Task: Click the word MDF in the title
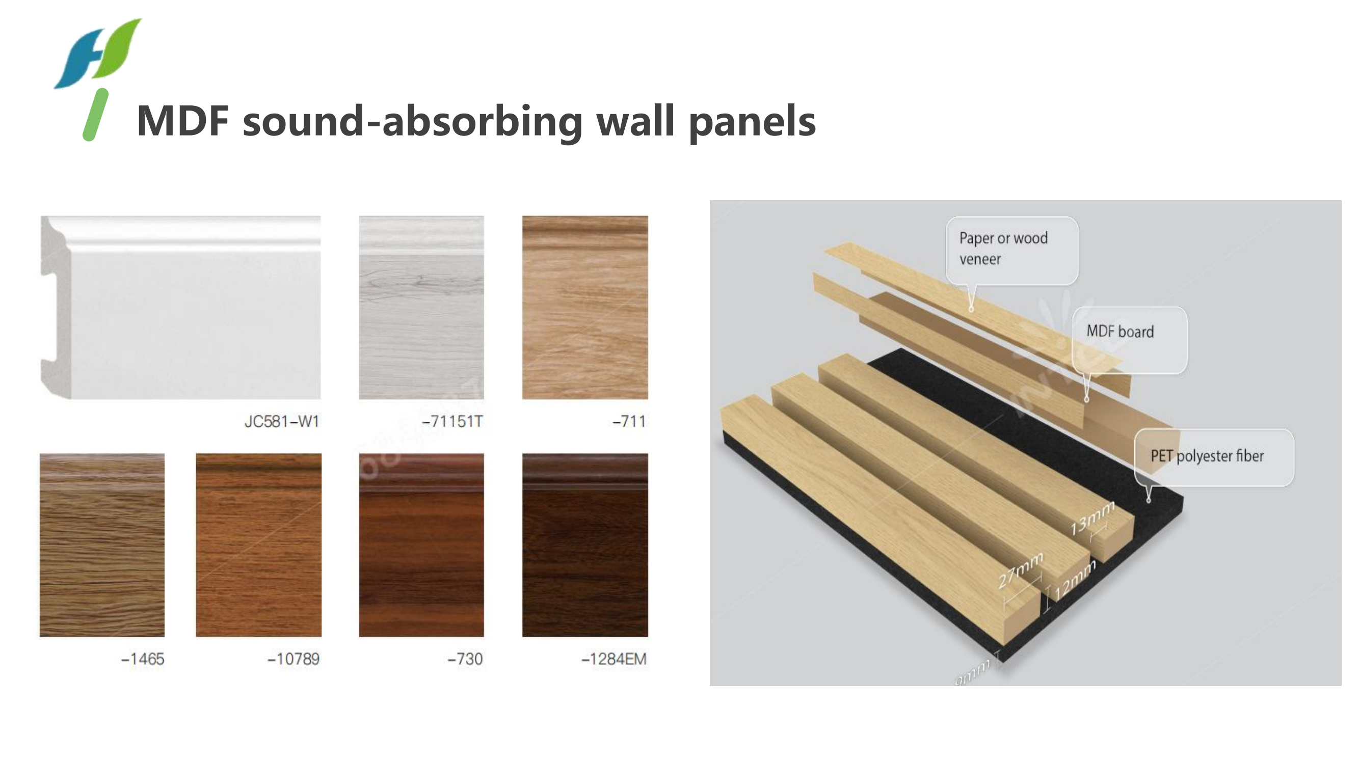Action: click(182, 121)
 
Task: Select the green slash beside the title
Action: click(95, 115)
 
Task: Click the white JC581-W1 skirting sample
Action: click(180, 308)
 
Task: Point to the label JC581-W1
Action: click(282, 421)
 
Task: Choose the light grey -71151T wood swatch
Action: click(421, 308)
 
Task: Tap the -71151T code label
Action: click(452, 421)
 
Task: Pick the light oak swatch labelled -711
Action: click(584, 308)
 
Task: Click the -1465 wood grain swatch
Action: click(102, 544)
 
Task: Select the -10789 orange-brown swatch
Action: click(258, 544)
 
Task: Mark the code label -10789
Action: click(294, 659)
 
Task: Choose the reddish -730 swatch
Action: click(421, 544)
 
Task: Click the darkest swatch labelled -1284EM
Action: click(584, 544)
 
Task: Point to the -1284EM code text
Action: click(614, 659)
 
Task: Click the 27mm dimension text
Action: click(1020, 570)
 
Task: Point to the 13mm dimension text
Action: click(1092, 517)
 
